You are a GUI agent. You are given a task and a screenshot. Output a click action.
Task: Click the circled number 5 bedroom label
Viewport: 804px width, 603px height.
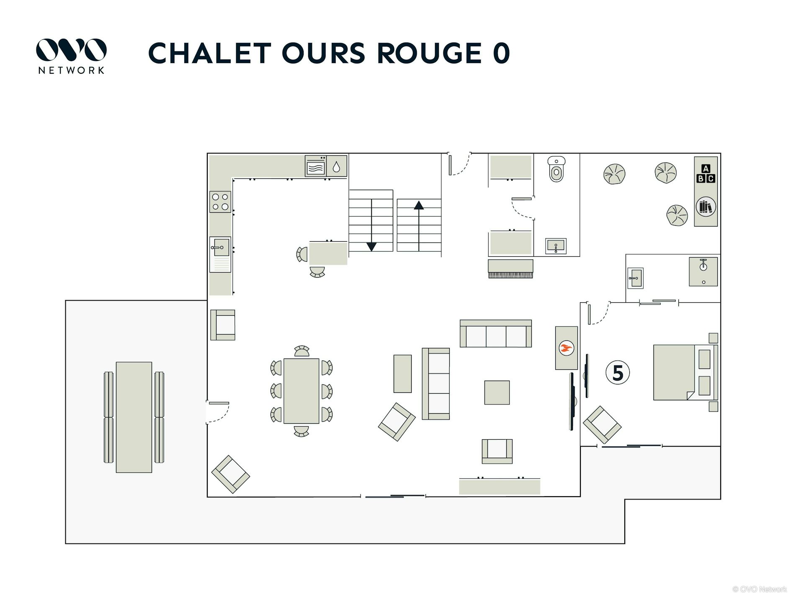tap(618, 373)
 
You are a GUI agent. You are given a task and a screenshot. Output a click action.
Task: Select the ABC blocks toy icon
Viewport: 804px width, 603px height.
tap(706, 174)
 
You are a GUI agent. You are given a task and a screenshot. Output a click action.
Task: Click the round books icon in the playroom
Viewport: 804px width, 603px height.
tap(706, 206)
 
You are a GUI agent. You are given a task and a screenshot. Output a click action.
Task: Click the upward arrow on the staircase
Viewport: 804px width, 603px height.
tap(419, 205)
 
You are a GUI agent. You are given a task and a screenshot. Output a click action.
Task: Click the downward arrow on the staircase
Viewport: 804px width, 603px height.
tap(371, 246)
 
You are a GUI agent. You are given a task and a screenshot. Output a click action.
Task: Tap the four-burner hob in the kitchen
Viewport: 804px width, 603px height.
tap(220, 201)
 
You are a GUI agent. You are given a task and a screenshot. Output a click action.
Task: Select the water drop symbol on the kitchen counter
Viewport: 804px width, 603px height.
tap(336, 167)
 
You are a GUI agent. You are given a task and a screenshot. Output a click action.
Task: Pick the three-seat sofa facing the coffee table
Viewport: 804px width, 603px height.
tap(496, 334)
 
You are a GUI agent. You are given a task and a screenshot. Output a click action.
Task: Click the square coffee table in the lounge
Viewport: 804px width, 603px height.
tap(497, 392)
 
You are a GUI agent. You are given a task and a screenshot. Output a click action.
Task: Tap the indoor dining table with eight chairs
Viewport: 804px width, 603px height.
tap(301, 391)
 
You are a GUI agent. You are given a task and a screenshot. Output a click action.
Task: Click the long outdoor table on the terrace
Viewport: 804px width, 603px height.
tap(134, 417)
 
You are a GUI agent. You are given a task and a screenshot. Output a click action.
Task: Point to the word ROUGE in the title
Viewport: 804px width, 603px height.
tap(429, 54)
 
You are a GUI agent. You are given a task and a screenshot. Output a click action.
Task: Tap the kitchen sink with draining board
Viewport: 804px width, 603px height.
tap(220, 254)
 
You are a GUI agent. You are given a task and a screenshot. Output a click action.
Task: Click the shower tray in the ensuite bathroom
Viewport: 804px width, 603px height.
tap(703, 272)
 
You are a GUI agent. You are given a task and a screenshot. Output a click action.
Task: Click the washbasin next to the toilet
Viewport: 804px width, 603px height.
tap(556, 246)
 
